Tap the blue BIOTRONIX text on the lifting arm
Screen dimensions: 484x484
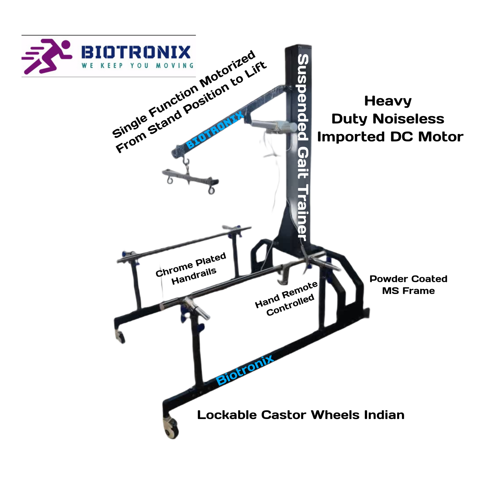coord(215,130)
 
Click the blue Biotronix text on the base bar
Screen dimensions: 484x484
coord(245,371)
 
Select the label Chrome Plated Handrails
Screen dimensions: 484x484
coord(191,268)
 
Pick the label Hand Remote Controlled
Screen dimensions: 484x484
coord(286,299)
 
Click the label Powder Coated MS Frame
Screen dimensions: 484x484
coord(408,285)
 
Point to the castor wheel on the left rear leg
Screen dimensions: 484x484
coord(120,337)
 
